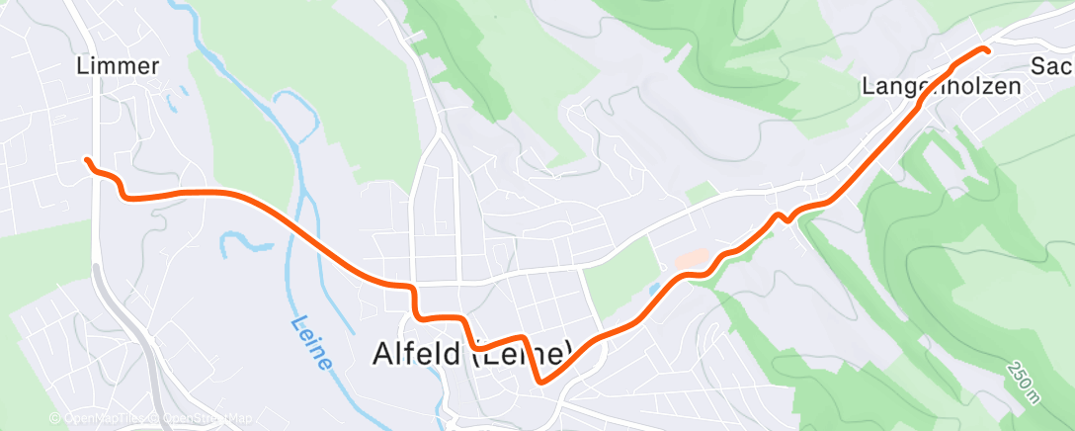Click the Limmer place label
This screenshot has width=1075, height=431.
(x=118, y=66)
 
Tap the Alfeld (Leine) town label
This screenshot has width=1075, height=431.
(x=472, y=354)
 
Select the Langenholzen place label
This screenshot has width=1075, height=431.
(x=941, y=87)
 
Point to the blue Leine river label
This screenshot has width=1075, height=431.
(x=310, y=343)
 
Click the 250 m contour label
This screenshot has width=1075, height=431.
(x=1025, y=382)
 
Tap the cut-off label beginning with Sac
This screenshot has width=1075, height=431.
(x=1050, y=66)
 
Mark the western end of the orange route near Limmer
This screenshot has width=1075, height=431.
(x=87, y=160)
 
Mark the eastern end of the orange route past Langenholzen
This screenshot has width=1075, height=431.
(x=986, y=49)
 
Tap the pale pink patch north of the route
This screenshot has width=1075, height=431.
(x=694, y=259)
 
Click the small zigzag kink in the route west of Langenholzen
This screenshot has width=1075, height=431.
(x=782, y=216)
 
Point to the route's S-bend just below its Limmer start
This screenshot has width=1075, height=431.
(x=119, y=184)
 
